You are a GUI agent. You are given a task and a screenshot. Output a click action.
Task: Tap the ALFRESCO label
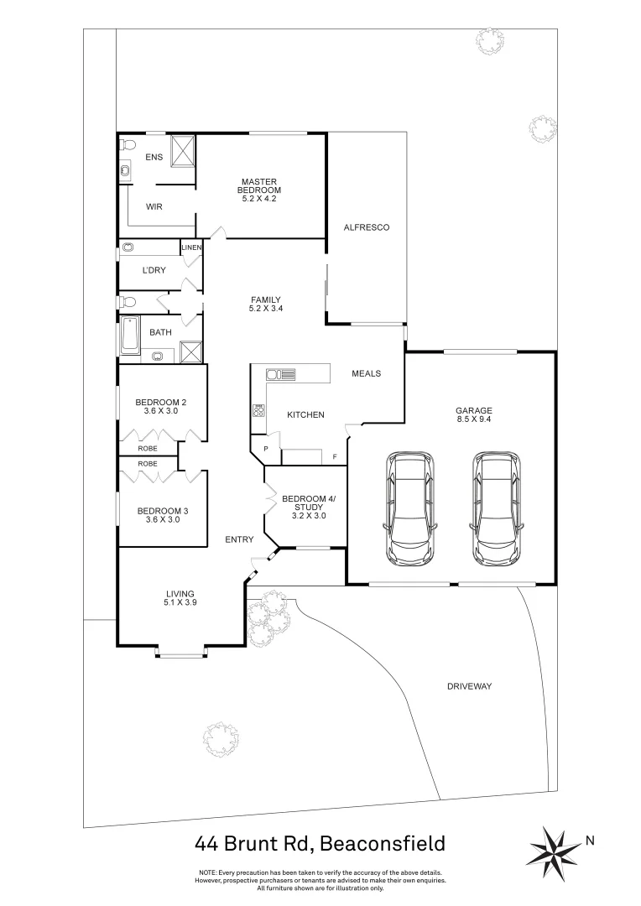pos(367,227)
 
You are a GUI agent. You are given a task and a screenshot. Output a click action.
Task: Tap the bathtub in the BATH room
pos(130,337)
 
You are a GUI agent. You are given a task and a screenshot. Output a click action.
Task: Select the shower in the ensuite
pos(183,152)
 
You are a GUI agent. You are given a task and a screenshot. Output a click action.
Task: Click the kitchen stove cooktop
pos(258,411)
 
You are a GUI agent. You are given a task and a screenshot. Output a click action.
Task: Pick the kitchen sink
pos(279,374)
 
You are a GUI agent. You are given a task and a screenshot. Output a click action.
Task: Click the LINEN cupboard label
pos(191,247)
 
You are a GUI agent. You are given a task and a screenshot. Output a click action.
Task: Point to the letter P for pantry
pos(265,449)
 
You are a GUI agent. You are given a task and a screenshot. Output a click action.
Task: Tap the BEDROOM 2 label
pos(160,407)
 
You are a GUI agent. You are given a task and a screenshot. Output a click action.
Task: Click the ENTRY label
pos(239,539)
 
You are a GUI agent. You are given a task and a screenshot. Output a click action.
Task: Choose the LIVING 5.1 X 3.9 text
pos(180,597)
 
